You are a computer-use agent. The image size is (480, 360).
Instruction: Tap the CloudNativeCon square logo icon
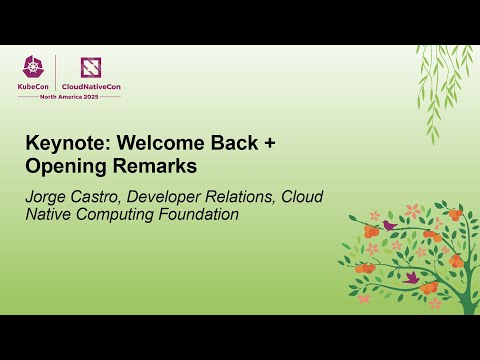coord(91,66)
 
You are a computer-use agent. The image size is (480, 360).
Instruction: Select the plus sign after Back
coord(269,143)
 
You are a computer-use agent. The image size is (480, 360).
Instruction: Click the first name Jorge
coord(48,194)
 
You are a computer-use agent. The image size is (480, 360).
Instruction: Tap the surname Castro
coord(103,194)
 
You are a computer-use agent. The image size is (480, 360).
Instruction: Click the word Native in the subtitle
coord(49,213)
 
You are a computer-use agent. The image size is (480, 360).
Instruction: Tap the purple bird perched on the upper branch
coord(389,226)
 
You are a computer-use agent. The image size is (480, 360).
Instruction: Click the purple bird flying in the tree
coord(410,276)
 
